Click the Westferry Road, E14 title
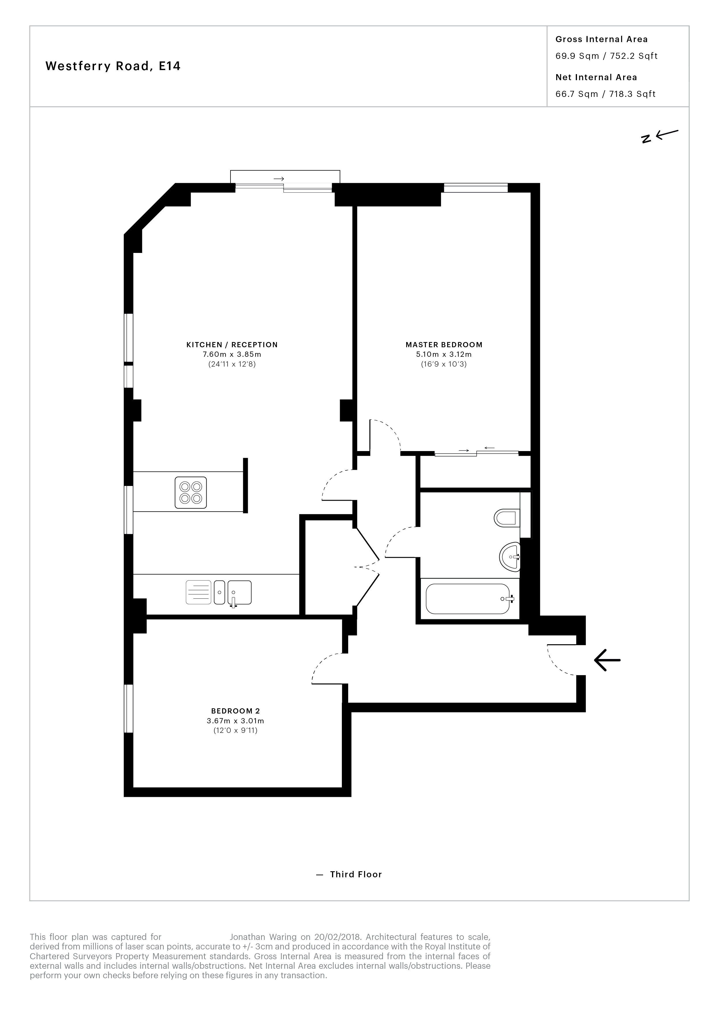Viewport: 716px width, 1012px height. [113, 66]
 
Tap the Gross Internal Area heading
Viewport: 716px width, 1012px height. [601, 39]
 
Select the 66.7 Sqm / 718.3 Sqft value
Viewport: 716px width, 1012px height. [605, 94]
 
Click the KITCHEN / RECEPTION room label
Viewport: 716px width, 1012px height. [232, 345]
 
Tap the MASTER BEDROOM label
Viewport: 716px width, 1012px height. [443, 345]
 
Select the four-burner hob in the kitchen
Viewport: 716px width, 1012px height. [190, 492]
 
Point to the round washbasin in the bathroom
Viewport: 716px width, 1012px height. [510, 557]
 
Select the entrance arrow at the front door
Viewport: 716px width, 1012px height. [607, 660]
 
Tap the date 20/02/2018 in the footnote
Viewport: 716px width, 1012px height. [337, 937]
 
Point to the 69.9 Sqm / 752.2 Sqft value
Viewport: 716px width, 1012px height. [606, 56]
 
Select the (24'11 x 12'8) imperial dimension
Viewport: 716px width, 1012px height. [232, 364]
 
